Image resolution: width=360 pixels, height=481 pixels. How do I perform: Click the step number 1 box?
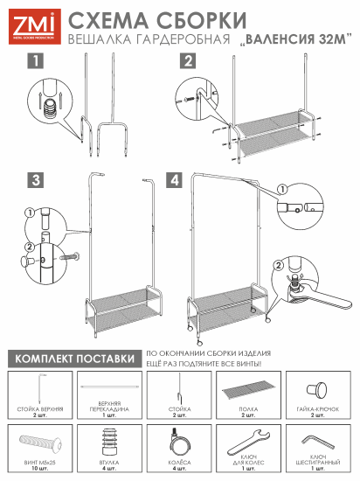35,61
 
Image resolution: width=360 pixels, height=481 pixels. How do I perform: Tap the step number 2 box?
187,61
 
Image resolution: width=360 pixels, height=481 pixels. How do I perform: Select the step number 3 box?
35,181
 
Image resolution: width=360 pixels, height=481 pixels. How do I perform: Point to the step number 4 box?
175,181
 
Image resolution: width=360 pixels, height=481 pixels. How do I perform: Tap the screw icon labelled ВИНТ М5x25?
38,439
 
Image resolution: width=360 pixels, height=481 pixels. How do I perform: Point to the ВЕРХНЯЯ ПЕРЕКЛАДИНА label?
109,410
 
